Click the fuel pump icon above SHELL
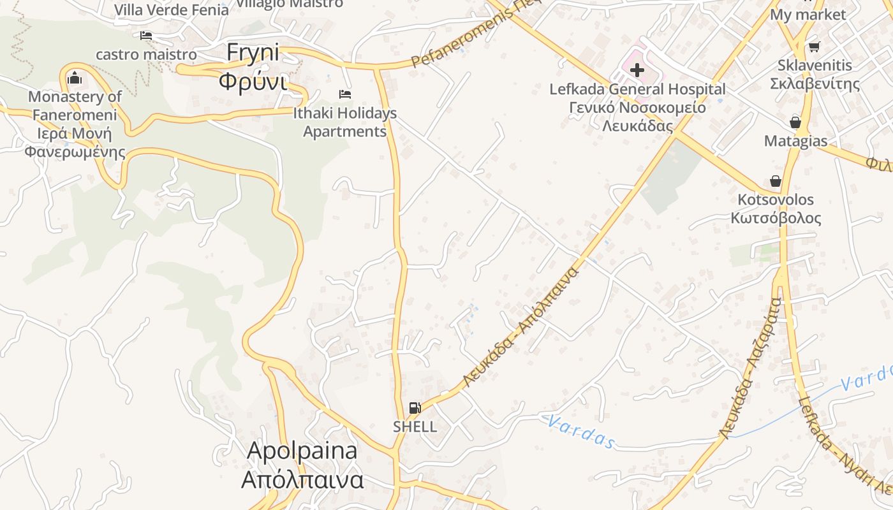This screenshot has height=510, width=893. tap(415, 408)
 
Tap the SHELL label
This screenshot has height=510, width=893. tap(415, 426)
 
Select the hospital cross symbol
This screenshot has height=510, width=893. tap(637, 70)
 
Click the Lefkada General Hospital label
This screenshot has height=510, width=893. tap(637, 107)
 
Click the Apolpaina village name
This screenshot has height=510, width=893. tap(302, 465)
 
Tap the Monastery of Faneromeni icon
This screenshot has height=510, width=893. tap(75, 78)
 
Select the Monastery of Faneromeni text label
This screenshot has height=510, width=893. tap(75, 124)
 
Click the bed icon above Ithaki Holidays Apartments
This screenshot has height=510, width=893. tap(345, 94)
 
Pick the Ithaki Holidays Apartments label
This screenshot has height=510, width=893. tap(345, 122)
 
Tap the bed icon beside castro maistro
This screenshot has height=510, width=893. tap(146, 36)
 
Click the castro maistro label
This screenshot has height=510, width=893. tap(146, 54)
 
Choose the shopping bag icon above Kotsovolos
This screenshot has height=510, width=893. tap(776, 181)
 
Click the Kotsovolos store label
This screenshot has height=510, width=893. tap(776, 208)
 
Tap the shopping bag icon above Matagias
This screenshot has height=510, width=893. tap(795, 122)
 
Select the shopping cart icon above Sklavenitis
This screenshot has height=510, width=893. tap(814, 47)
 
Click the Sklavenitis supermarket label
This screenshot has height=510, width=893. tap(815, 74)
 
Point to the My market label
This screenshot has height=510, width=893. tap(808, 14)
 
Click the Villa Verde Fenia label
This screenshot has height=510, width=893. tap(171, 10)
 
